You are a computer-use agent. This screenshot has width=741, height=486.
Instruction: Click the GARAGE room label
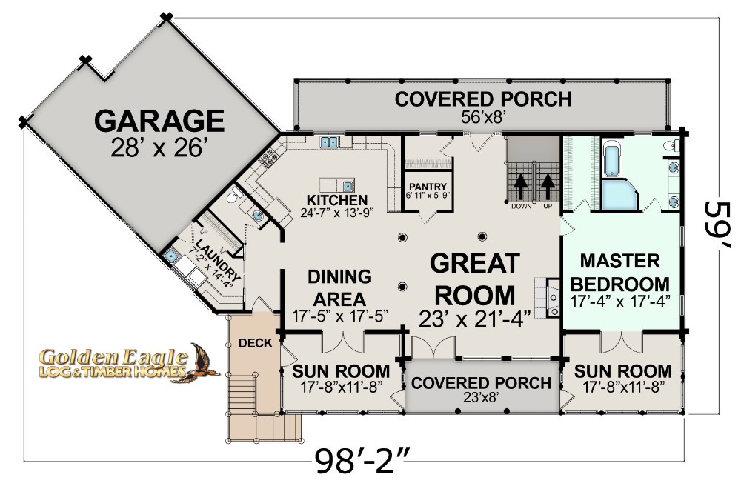coord(159,121)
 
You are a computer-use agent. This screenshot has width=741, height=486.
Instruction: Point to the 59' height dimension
coord(718,224)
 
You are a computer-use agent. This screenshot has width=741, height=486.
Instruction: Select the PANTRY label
coord(428,187)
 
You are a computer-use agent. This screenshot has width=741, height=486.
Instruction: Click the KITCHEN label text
coord(337,200)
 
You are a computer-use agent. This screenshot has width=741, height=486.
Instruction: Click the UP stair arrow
coord(548,187)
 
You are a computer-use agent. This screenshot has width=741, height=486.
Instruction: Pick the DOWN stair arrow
coord(521,187)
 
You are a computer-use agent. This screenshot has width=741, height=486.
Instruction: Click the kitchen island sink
coord(348,184)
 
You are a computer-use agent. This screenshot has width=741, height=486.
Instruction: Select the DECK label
coord(255,343)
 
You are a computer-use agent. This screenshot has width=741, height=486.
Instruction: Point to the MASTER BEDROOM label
coord(620,273)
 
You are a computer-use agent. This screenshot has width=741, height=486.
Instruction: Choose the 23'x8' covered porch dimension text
coord(481,397)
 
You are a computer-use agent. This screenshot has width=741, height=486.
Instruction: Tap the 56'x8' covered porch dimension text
coord(483,117)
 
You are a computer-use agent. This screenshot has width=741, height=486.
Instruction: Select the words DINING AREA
coord(339,287)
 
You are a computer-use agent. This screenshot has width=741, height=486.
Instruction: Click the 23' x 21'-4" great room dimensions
coord(474,319)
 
